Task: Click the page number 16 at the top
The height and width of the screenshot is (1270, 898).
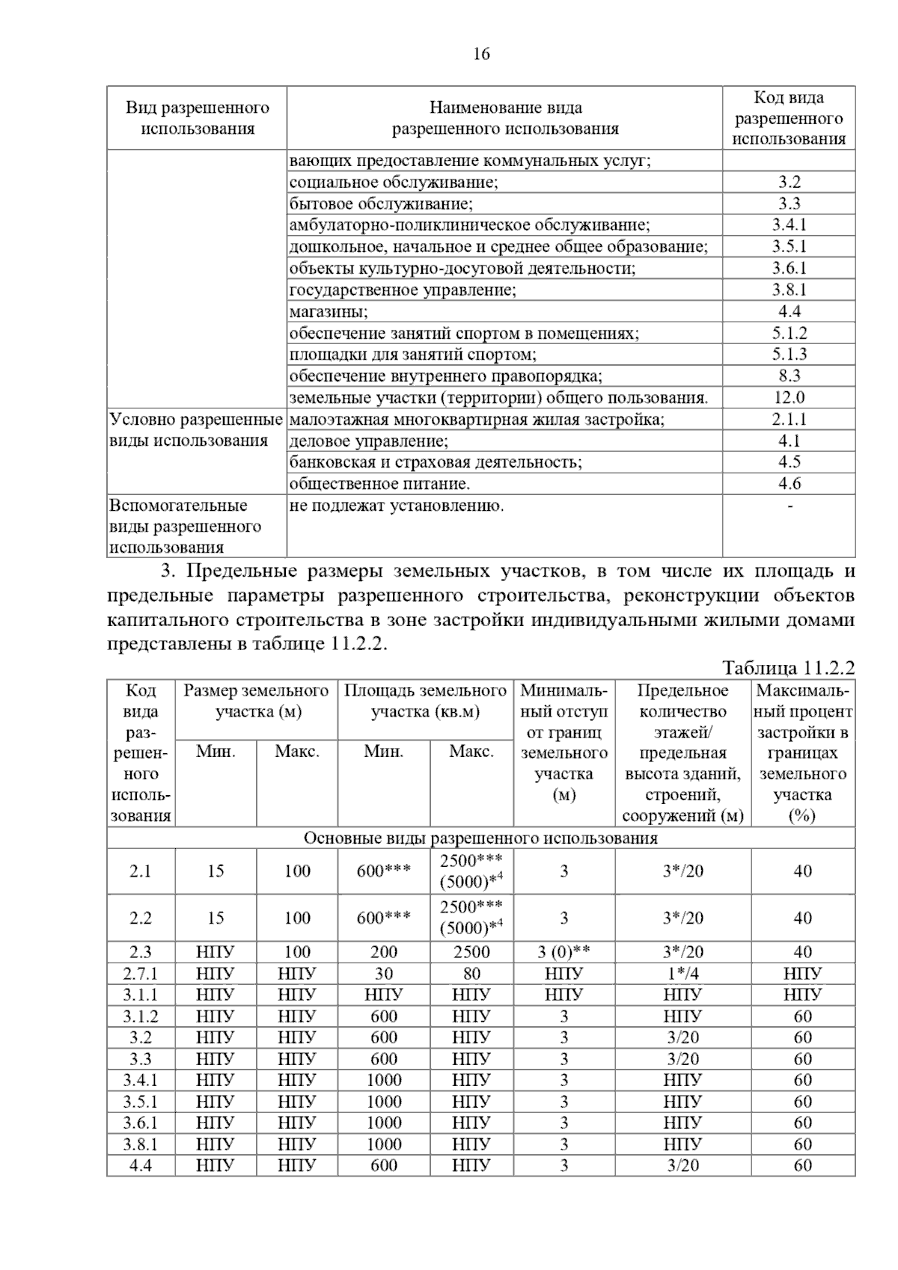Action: click(481, 54)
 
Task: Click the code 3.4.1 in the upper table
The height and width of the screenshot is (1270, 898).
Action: click(789, 225)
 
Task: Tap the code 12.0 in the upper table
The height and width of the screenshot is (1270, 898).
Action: click(789, 397)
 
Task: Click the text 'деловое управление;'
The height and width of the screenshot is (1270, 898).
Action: click(368, 441)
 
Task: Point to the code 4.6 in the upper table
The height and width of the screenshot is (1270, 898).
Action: click(789, 484)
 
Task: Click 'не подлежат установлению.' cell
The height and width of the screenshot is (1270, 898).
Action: click(397, 506)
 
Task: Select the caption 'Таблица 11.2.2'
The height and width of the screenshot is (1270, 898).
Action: click(788, 668)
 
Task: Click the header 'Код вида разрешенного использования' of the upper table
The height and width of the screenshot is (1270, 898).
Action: click(789, 118)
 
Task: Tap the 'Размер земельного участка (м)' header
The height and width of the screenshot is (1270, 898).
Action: click(257, 701)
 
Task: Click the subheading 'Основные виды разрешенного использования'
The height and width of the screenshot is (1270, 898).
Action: click(480, 838)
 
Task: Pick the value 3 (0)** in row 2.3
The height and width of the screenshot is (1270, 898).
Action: click(563, 952)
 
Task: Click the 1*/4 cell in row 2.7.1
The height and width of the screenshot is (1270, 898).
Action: click(682, 974)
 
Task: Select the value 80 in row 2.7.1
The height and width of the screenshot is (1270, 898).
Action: click(471, 974)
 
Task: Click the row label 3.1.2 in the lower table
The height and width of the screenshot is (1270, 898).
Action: click(141, 1016)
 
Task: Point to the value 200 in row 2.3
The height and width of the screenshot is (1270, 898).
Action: click(383, 952)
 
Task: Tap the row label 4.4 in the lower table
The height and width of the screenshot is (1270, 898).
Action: click(141, 1166)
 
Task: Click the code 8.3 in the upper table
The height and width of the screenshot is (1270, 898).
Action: click(789, 375)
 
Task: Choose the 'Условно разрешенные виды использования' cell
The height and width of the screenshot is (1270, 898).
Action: click(196, 430)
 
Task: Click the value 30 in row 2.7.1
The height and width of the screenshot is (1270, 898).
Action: click(383, 974)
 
